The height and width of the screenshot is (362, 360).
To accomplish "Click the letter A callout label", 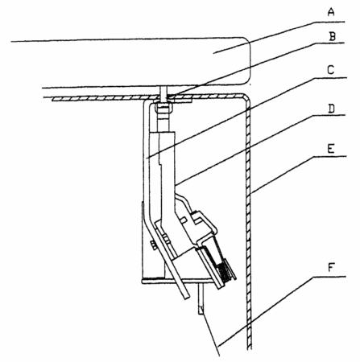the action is point(332,12).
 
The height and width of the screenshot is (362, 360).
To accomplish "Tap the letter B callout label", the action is point(333,36).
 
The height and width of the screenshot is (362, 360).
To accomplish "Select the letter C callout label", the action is point(331,70).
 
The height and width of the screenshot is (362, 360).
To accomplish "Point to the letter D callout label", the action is point(332,109).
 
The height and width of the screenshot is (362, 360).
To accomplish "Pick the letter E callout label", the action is point(331,148).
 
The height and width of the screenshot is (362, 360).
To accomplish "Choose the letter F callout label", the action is point(332,268).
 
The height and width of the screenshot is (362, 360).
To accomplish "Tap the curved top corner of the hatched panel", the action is point(245,97).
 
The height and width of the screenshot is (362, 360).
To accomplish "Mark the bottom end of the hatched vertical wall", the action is point(250,348).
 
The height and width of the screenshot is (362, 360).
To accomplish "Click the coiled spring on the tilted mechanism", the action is point(224,272).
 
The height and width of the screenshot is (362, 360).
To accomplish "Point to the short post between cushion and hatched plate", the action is point(163,93).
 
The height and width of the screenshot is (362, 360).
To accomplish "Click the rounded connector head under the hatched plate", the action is point(163,109).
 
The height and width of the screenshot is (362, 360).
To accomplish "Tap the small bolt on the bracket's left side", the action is point(153,245).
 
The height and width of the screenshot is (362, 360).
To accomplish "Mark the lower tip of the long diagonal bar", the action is point(187,298).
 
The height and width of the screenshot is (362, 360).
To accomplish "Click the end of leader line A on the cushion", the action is point(213,53).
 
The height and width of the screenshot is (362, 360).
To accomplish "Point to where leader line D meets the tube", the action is point(175,185).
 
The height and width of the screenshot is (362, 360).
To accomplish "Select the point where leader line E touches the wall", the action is point(250,193).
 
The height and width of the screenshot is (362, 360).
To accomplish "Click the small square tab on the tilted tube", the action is point(184,220).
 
